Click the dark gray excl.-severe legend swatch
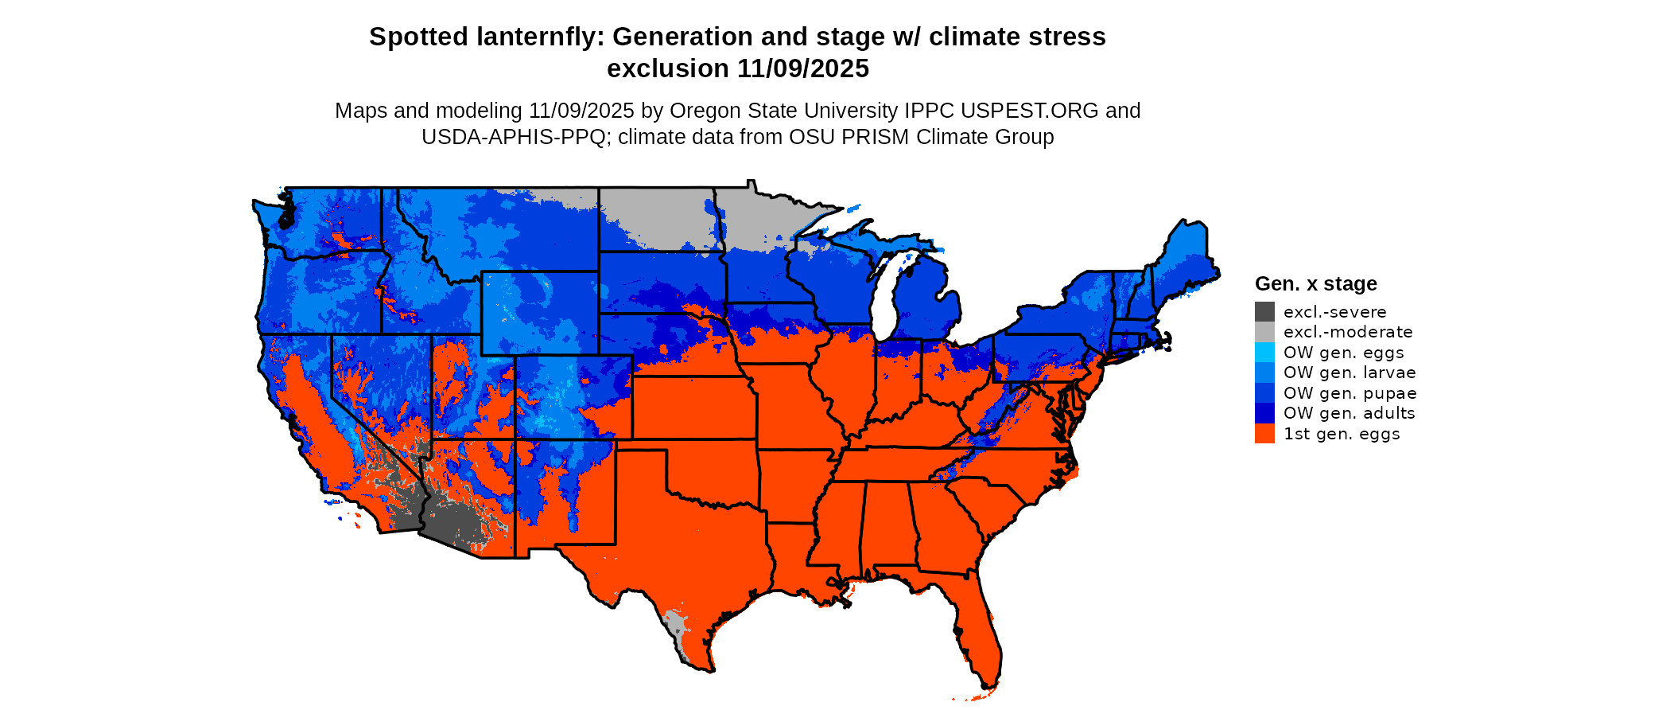coord(1264,312)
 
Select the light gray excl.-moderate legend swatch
coord(1264,332)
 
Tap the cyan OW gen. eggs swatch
coord(1264,353)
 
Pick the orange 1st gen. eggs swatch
coord(1264,434)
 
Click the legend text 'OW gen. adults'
coord(1349,413)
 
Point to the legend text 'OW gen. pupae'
coord(1350,393)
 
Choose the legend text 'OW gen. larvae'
coord(1350,373)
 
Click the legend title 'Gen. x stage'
coord(1315,283)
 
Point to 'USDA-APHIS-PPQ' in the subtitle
coord(514,137)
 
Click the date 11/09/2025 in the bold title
coord(803,68)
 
